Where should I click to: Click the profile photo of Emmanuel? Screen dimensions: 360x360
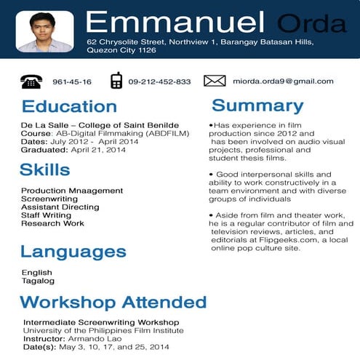[44, 31]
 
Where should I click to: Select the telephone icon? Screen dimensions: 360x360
[31, 81]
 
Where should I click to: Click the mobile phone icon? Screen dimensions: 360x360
[116, 81]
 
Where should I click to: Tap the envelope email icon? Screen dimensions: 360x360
[215, 81]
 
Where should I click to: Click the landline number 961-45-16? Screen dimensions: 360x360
[72, 82]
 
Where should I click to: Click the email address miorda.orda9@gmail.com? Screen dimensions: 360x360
[283, 81]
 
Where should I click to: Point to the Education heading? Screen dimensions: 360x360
[69, 107]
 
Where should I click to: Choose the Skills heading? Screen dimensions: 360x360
[45, 170]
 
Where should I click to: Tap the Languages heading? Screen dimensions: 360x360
[73, 252]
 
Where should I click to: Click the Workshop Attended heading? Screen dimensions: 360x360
[113, 302]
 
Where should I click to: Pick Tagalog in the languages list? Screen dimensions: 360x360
[38, 281]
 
